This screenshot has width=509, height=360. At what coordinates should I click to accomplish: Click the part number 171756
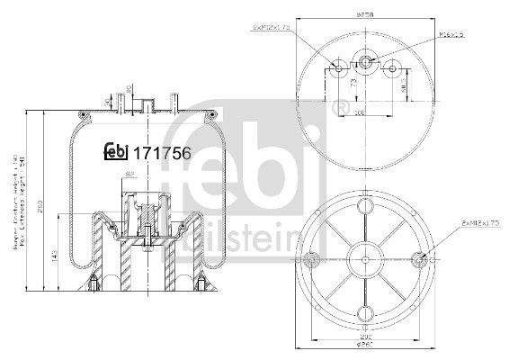161,152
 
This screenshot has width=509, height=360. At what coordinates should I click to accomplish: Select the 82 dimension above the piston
130,174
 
